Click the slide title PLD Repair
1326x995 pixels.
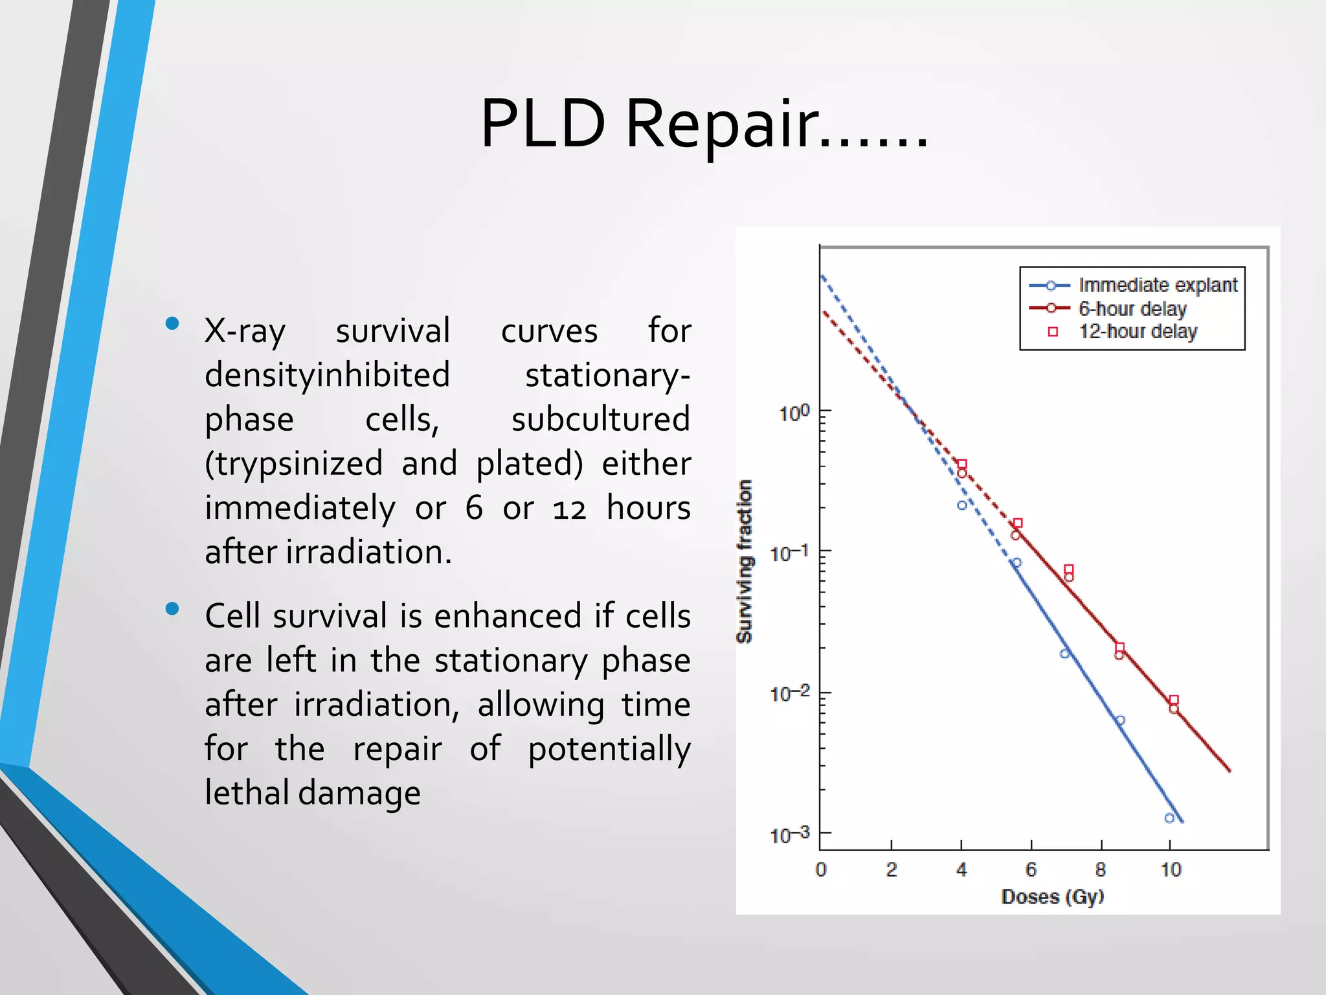tap(704, 124)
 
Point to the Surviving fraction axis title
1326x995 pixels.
tap(745, 561)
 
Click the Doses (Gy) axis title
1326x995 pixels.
tap(1052, 897)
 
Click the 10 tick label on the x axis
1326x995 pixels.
tap(1171, 870)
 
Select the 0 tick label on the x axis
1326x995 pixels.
tap(821, 870)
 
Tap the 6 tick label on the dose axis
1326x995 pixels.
tap(1031, 870)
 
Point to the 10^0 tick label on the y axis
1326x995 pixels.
tap(794, 413)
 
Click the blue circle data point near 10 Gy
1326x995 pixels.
tap(1169, 818)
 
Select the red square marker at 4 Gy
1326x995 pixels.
tap(962, 464)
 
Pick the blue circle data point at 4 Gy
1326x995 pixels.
tap(962, 505)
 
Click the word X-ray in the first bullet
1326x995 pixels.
tap(245, 332)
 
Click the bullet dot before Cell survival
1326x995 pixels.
tap(172, 608)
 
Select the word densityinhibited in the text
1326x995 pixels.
tap(327, 376)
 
